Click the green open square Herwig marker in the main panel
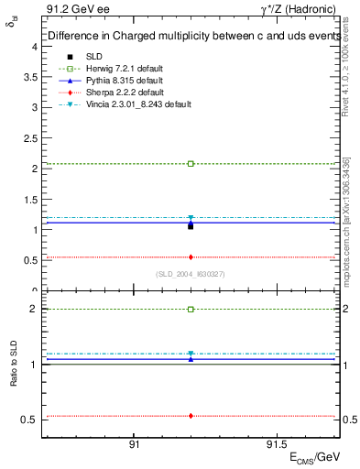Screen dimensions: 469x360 pyautogui.click(x=191, y=164)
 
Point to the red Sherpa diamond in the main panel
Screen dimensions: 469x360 pyautogui.click(x=191, y=257)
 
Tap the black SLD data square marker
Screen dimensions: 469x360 pyautogui.click(x=191, y=225)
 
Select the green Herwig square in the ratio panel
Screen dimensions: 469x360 pyautogui.click(x=191, y=310)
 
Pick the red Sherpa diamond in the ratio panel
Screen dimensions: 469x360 pyautogui.click(x=191, y=416)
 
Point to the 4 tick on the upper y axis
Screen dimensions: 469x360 pyautogui.click(x=33, y=46)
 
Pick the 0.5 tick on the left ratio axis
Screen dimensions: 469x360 pyautogui.click(x=29, y=420)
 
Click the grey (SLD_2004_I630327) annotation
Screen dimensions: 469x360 pyautogui.click(x=191, y=274)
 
